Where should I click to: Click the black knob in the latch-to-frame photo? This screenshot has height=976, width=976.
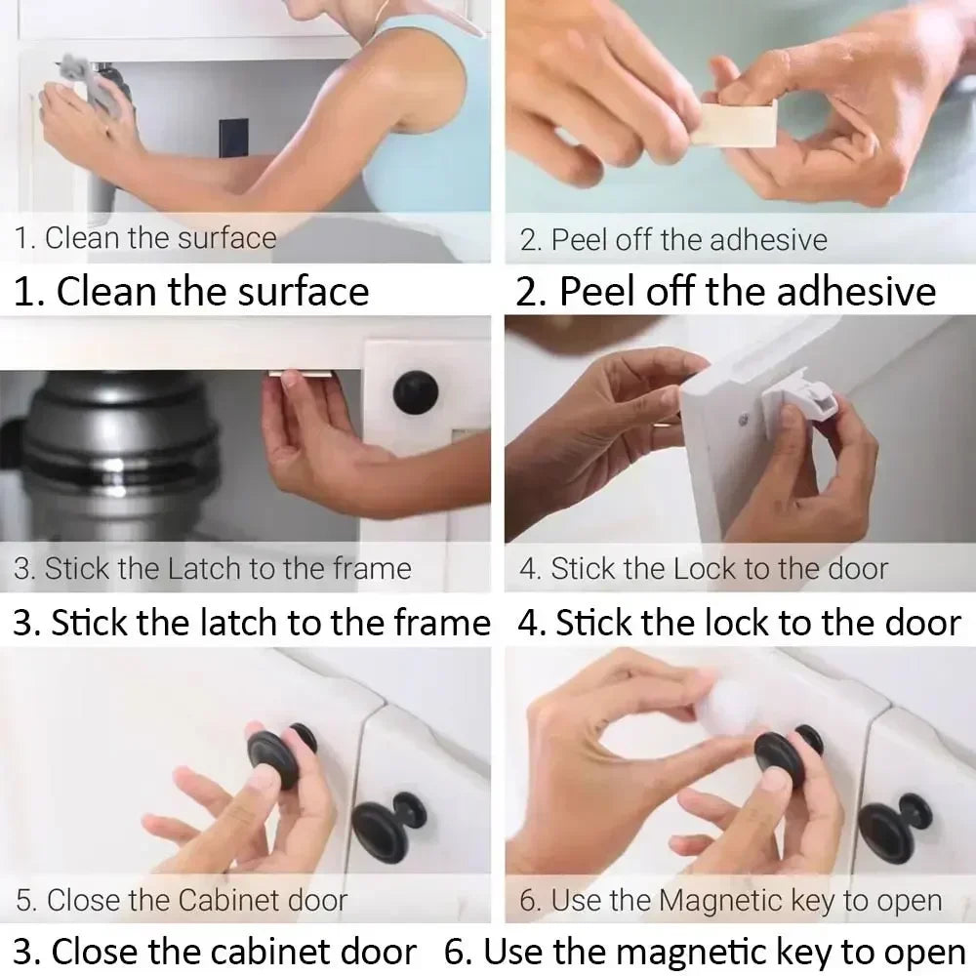[416, 391]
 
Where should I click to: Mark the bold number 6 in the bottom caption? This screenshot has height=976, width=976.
[455, 951]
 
